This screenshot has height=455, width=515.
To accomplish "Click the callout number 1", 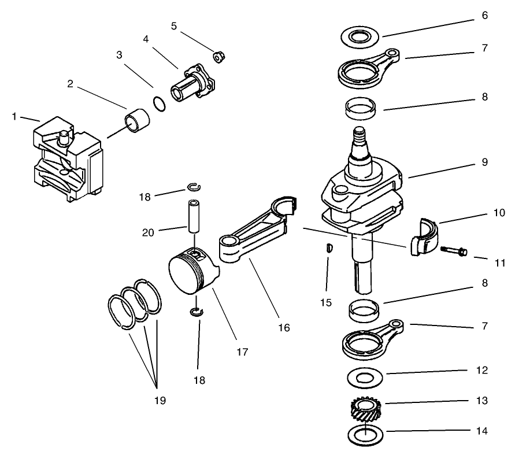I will (14, 117).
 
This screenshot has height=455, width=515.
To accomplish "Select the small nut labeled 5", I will (219, 57).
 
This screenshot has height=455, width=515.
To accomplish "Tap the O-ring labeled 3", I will (160, 104).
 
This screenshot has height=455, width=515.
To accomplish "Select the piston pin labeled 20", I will (193, 216).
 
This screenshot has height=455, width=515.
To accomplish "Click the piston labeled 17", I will (190, 270).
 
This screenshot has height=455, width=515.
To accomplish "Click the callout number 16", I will (284, 328).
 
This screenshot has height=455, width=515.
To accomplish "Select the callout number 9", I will (484, 162).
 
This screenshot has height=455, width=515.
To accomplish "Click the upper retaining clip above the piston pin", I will (194, 186).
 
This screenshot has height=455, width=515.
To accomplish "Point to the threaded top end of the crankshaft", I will (360, 139).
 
